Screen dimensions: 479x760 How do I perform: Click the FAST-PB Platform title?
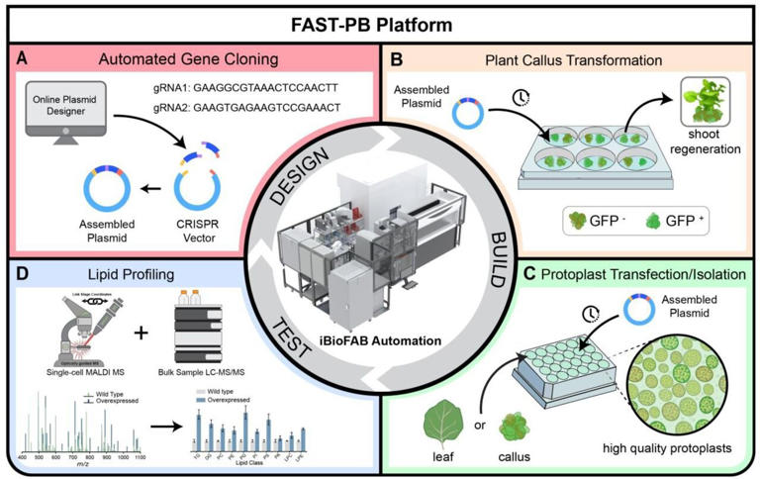(379, 19)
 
